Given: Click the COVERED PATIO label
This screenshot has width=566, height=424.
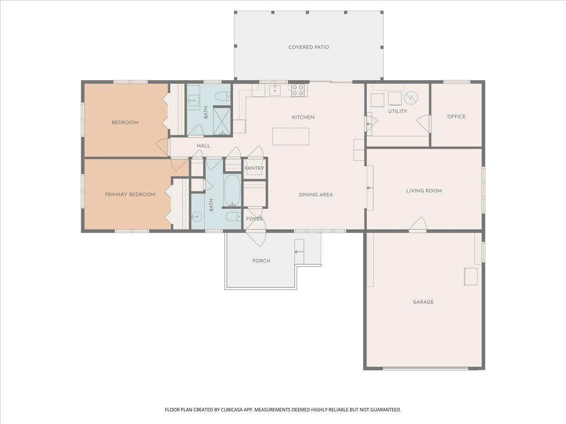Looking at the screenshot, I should [x=308, y=47].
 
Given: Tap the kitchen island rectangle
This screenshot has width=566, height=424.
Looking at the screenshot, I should [x=291, y=136].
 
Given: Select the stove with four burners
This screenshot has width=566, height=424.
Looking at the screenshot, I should [x=298, y=90].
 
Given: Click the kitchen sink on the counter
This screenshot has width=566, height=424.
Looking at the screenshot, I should [x=275, y=90].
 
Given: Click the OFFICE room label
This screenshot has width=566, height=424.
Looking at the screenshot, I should [x=456, y=116].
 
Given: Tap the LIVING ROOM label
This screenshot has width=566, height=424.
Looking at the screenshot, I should [x=424, y=191].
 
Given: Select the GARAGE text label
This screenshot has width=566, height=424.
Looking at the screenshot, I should [x=423, y=302].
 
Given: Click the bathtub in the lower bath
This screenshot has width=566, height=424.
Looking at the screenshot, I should [x=232, y=191].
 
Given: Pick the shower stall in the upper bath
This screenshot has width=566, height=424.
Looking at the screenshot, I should [x=222, y=121].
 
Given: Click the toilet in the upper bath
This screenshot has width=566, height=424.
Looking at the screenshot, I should [x=222, y=97].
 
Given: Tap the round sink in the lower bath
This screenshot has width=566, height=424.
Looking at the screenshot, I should [x=197, y=217].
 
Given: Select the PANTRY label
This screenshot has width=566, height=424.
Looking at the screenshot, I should [x=254, y=168].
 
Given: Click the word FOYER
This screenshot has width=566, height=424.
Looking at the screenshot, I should [x=254, y=219].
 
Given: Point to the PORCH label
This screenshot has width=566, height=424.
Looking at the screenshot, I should [x=261, y=261].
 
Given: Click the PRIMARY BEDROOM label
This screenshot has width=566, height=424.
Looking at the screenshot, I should [x=130, y=194].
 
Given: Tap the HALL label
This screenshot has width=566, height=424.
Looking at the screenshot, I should [x=203, y=146].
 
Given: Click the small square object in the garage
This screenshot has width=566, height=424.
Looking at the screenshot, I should [x=470, y=276].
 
